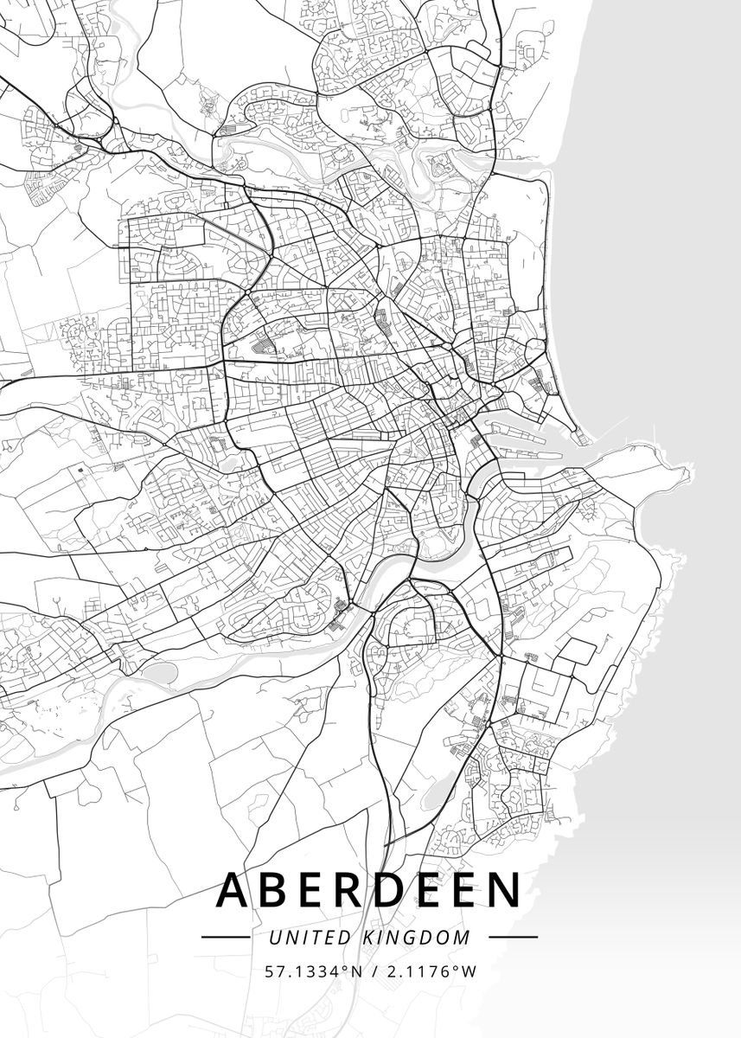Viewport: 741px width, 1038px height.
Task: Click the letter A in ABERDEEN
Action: coord(235,890)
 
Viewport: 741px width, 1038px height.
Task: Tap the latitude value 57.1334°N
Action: coord(312,971)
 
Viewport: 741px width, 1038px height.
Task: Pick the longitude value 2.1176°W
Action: coord(431,971)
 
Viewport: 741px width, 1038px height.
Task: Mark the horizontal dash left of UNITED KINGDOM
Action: coord(225,937)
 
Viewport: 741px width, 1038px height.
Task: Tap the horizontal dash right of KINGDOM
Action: coord(513,937)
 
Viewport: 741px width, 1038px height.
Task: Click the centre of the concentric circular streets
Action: coord(522,519)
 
